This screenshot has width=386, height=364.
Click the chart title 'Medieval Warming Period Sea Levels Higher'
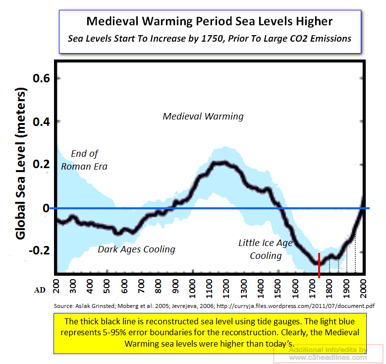coord(210,21)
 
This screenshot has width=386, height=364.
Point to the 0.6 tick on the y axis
coord(42,78)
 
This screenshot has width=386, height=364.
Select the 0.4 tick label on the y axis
coord(42,121)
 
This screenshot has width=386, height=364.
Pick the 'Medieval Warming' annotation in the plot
coord(203,117)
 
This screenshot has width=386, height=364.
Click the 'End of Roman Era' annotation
coord(84,160)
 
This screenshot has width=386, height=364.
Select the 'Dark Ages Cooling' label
coord(136,249)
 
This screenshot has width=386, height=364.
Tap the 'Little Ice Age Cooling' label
coord(266,249)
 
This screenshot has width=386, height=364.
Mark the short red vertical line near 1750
coord(319,265)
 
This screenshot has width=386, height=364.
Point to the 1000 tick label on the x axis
coord(192,288)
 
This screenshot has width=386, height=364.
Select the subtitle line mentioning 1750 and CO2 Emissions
coord(210,39)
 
